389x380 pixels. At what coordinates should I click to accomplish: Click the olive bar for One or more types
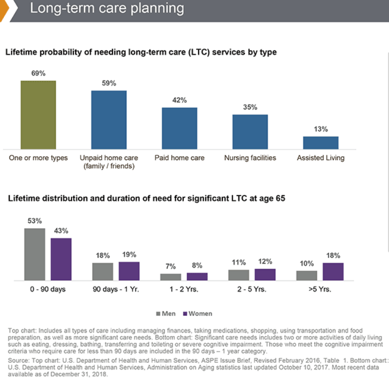[x=38, y=115]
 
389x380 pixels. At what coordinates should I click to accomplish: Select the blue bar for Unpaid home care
[x=108, y=120]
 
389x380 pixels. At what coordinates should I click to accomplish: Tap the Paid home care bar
[x=179, y=128]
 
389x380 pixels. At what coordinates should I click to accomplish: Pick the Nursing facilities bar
[x=250, y=132]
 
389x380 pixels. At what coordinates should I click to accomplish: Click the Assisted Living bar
[x=321, y=142]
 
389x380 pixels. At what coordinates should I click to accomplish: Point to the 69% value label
[x=39, y=73]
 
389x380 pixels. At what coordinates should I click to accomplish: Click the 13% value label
[x=321, y=129]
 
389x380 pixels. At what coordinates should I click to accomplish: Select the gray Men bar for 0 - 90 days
[x=35, y=254]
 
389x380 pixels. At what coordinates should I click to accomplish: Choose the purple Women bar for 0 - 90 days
[x=61, y=259]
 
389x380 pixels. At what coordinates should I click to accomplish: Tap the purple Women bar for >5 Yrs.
[x=333, y=271]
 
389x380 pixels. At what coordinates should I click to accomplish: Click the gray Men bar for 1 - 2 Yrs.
[x=171, y=277]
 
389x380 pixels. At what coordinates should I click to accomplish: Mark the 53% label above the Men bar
[x=35, y=221]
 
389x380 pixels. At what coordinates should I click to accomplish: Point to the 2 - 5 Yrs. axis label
[x=252, y=289]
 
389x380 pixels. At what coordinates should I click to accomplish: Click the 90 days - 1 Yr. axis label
[x=116, y=289]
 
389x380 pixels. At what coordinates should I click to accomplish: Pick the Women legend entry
[x=197, y=313]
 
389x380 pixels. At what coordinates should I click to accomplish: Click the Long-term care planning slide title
[x=107, y=8]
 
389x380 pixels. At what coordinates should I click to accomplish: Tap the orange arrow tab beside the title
[x=4, y=10]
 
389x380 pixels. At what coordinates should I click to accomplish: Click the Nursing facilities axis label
[x=250, y=158]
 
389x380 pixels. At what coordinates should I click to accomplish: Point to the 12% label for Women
[x=265, y=261]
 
